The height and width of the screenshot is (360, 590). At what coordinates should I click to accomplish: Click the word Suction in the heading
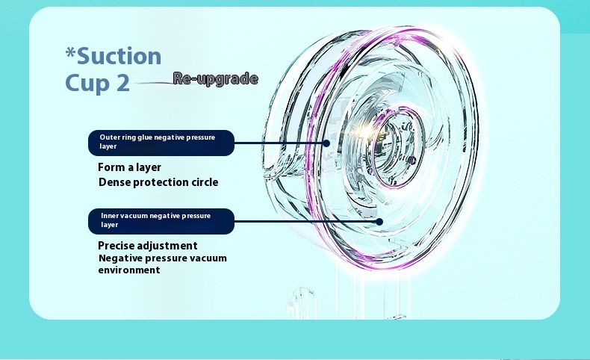pyautogui.click(x=119, y=56)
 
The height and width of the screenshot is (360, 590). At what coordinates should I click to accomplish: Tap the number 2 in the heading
pyautogui.click(x=123, y=83)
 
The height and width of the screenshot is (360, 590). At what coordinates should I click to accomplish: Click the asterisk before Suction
pyautogui.click(x=70, y=52)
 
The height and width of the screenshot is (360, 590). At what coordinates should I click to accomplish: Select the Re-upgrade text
pyautogui.click(x=216, y=78)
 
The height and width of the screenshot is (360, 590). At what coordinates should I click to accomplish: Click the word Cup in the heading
pyautogui.click(x=88, y=84)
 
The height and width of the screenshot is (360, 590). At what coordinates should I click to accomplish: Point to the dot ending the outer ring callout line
pyautogui.click(x=326, y=143)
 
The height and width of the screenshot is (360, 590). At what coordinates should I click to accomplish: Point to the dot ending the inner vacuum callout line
pyautogui.click(x=379, y=222)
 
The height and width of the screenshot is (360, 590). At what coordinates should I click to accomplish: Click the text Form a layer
pyautogui.click(x=129, y=167)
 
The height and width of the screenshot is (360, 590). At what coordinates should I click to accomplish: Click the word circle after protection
pyautogui.click(x=205, y=182)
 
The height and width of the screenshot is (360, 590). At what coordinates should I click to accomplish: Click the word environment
pyautogui.click(x=129, y=270)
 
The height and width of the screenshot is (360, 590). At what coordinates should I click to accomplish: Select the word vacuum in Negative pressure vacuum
pyautogui.click(x=208, y=258)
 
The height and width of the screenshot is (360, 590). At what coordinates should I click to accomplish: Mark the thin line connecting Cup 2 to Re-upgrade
pyautogui.click(x=152, y=83)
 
